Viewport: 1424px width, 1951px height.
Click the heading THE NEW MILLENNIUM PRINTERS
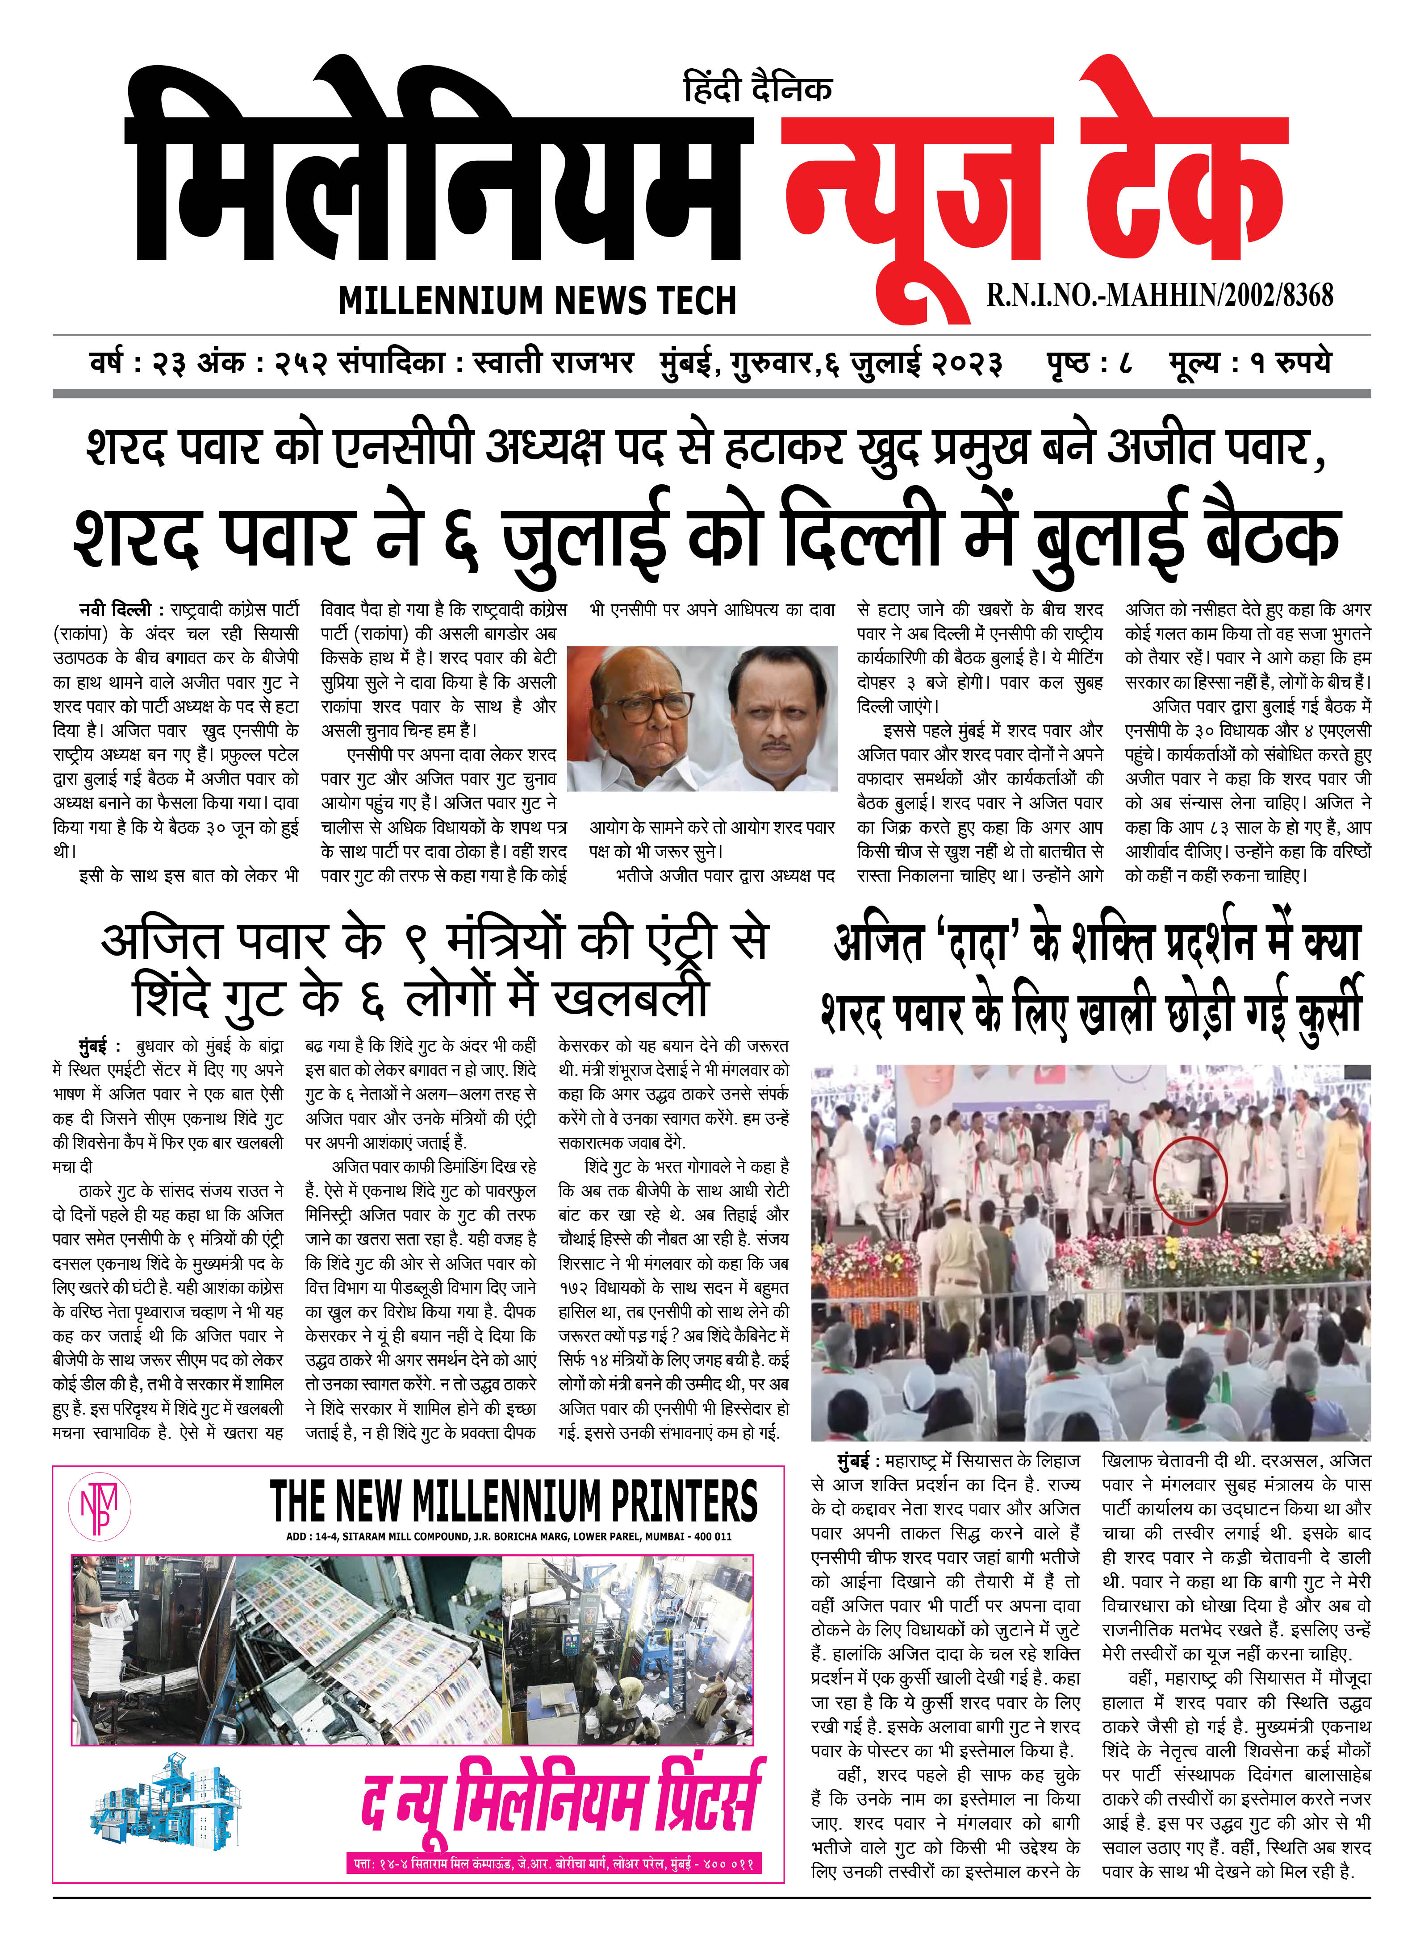click(514, 1502)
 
